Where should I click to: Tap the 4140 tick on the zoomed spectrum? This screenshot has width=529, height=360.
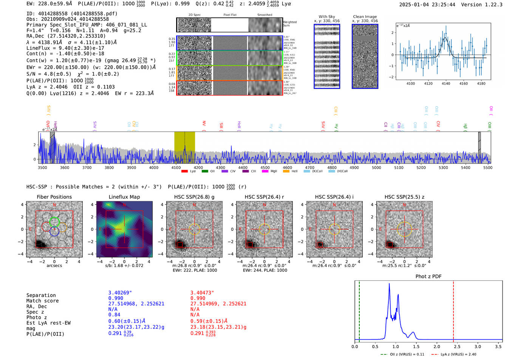click(x=446, y=83)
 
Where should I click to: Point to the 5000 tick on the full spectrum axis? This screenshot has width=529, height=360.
click(x=376, y=167)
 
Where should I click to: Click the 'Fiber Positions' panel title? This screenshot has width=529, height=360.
click(x=54, y=197)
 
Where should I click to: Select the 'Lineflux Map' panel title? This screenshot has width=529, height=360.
click(x=124, y=197)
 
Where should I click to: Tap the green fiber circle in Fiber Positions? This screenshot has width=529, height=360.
click(x=54, y=222)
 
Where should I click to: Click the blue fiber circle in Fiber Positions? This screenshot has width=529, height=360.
click(x=54, y=232)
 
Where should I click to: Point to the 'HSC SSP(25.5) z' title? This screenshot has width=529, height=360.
click(x=404, y=197)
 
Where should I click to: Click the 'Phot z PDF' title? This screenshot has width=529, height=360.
click(x=428, y=277)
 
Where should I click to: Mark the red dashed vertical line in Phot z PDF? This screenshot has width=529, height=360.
click(x=453, y=310)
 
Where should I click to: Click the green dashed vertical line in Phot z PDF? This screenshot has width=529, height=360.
click(x=359, y=310)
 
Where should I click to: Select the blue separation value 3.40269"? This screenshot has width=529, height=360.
click(x=120, y=293)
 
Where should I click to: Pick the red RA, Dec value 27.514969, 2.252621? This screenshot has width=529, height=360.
click(x=218, y=304)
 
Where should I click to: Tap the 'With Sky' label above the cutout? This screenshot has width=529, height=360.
click(x=326, y=17)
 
